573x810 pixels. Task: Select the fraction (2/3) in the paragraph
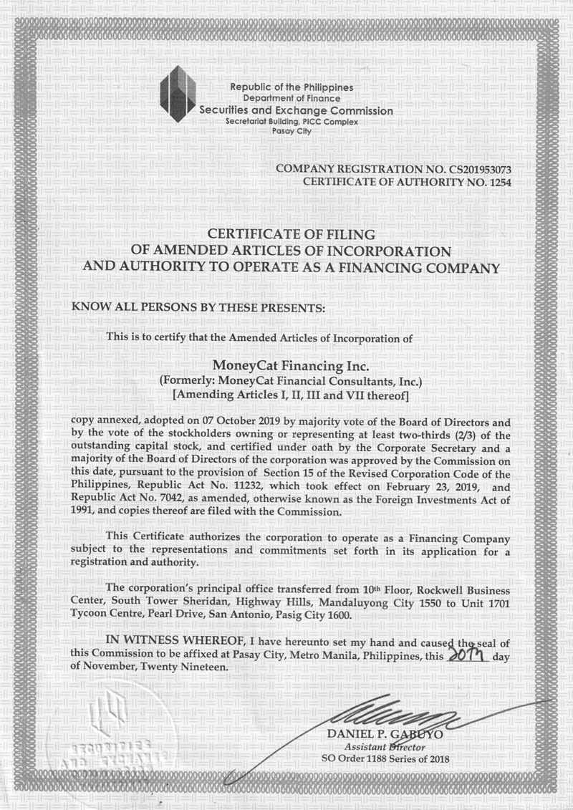point(469,434)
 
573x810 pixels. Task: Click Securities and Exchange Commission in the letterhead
point(296,111)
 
